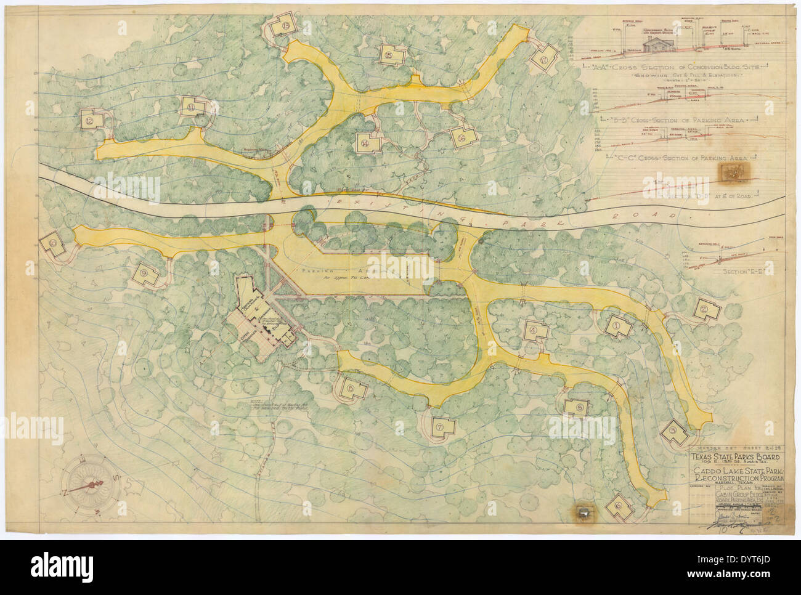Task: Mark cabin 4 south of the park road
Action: click(534, 330)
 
